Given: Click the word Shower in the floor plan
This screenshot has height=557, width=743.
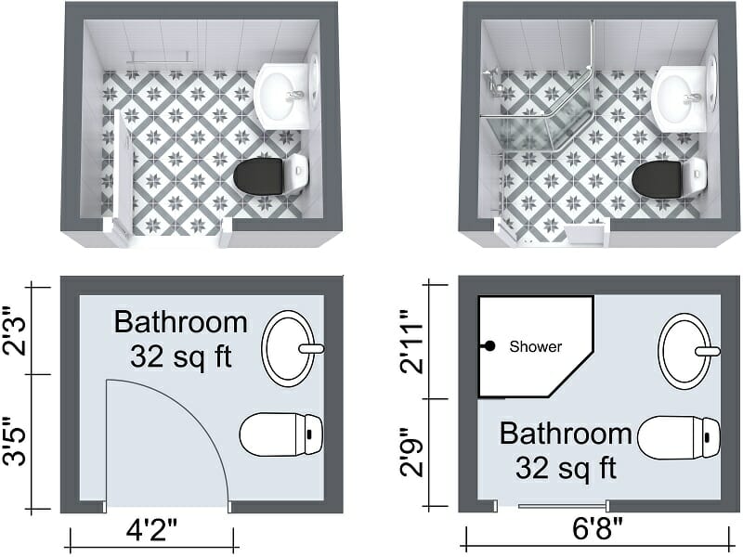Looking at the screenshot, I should (x=536, y=346).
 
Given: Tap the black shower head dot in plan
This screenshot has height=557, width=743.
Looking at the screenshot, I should (x=489, y=346).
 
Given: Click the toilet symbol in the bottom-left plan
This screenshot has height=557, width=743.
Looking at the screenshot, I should (x=280, y=434).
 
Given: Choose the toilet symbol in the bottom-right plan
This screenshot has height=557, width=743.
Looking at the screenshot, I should (x=679, y=437).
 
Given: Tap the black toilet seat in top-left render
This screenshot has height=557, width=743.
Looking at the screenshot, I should (x=258, y=176).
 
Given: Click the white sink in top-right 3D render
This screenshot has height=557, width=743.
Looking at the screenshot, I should (x=681, y=97).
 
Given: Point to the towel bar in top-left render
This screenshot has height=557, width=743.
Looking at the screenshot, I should (x=160, y=57).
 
